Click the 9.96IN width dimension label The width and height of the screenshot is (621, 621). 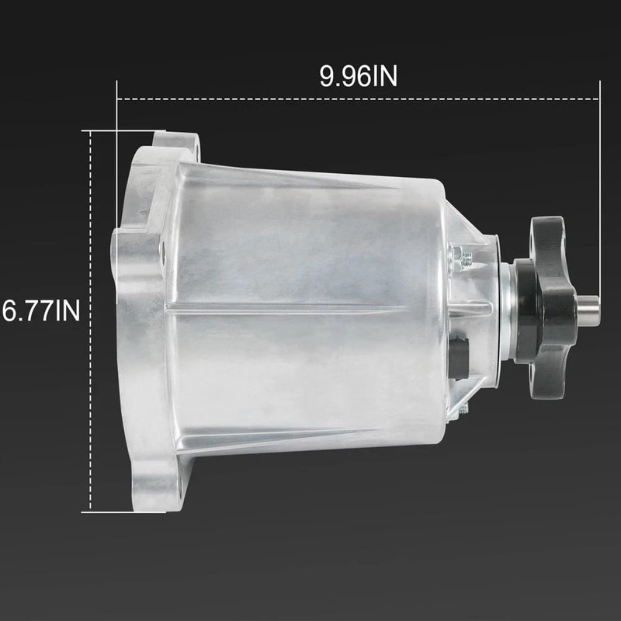point(358,76)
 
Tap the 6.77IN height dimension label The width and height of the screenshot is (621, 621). point(41,310)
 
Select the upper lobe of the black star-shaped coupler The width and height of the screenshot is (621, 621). point(548,237)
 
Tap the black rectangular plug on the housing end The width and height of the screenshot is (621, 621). point(459,357)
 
